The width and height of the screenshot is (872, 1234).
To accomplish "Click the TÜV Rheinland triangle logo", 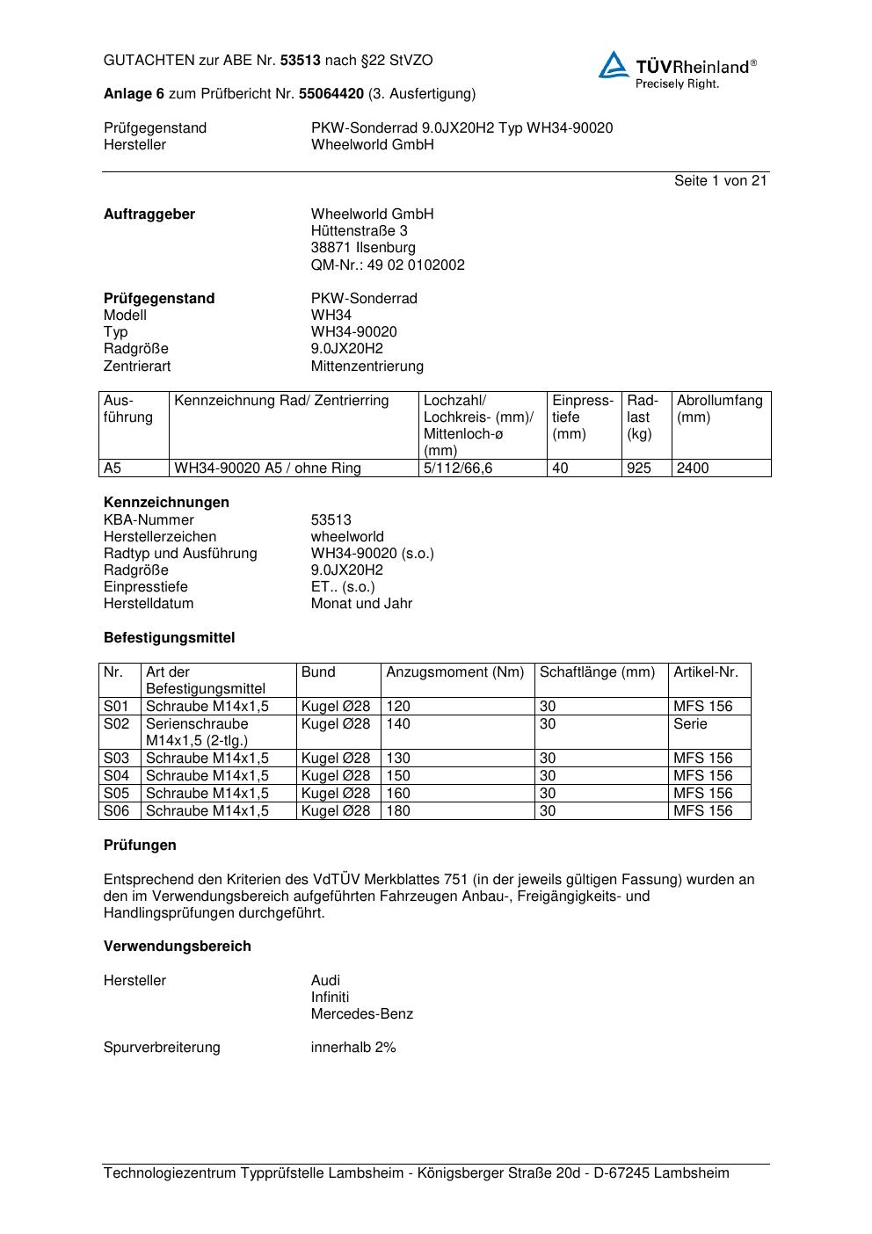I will pyautogui.click(x=614, y=65).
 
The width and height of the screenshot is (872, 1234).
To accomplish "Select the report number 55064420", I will pyautogui.click(x=331, y=93).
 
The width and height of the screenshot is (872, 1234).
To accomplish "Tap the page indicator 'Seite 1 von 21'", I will pyautogui.click(x=720, y=180).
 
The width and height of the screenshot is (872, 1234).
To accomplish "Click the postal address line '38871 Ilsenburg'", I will pyautogui.click(x=363, y=248).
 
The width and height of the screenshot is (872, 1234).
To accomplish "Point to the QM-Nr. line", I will pyautogui.click(x=388, y=265).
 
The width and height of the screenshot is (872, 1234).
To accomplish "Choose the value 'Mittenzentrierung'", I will pyautogui.click(x=367, y=366).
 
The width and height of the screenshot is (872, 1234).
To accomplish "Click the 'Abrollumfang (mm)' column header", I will pyautogui.click(x=719, y=409).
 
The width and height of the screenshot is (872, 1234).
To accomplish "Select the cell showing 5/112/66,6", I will pyautogui.click(x=457, y=468).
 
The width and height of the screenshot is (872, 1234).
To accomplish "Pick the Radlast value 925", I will pyautogui.click(x=639, y=468).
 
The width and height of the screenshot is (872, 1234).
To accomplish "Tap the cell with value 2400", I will pyautogui.click(x=693, y=468).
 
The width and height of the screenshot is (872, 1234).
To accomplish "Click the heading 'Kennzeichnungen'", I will pyautogui.click(x=166, y=503).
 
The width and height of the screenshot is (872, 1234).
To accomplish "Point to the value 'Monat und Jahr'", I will pyautogui.click(x=361, y=604).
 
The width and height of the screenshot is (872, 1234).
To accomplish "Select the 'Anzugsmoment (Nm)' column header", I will pyautogui.click(x=454, y=672).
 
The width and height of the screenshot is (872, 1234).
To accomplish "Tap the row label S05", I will pyautogui.click(x=116, y=793).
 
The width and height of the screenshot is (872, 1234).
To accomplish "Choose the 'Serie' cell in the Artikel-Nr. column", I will pyautogui.click(x=690, y=724).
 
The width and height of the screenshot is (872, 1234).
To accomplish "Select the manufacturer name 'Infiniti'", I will pyautogui.click(x=330, y=997).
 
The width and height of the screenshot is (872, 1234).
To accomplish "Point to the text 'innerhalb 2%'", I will pyautogui.click(x=353, y=1048).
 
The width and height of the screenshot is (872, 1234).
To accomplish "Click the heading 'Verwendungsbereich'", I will pyautogui.click(x=177, y=947).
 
